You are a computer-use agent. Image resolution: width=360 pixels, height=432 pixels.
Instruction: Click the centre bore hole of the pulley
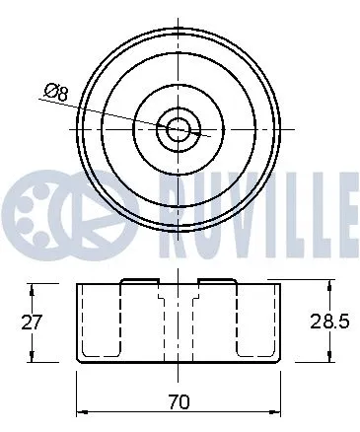click(x=179, y=128)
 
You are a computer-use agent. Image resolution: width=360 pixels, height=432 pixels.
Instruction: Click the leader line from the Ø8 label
click(x=118, y=110)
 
